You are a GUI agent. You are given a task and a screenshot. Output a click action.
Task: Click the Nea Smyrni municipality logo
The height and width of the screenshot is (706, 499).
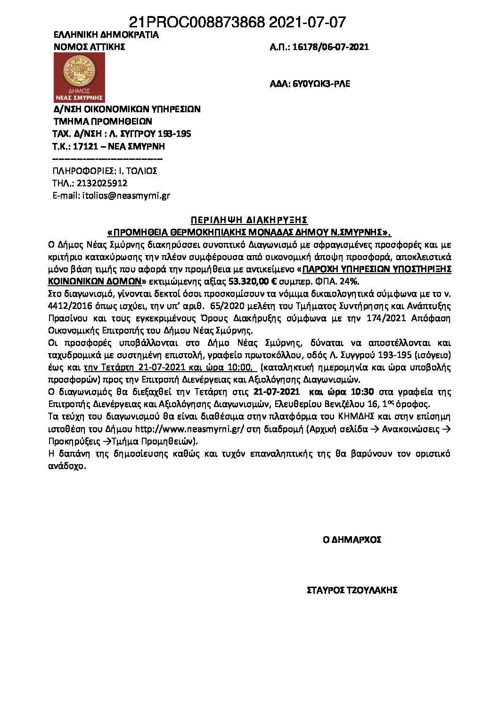[79, 77]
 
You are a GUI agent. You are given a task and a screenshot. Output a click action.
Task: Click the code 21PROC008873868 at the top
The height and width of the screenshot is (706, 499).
[196, 22]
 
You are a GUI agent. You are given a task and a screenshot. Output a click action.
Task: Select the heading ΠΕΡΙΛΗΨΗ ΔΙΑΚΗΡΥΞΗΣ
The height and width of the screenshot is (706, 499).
[249, 220]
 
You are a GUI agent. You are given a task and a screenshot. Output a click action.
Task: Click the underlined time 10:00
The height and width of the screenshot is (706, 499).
[243, 367]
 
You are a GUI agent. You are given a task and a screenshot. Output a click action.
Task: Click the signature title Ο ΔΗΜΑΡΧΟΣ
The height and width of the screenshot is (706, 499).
[352, 540]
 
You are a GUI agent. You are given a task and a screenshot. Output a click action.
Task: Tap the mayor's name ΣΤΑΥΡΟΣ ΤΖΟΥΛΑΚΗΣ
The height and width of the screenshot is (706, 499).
[352, 590]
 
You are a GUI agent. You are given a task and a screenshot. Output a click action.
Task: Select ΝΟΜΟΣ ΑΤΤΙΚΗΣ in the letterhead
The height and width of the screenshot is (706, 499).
[89, 47]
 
